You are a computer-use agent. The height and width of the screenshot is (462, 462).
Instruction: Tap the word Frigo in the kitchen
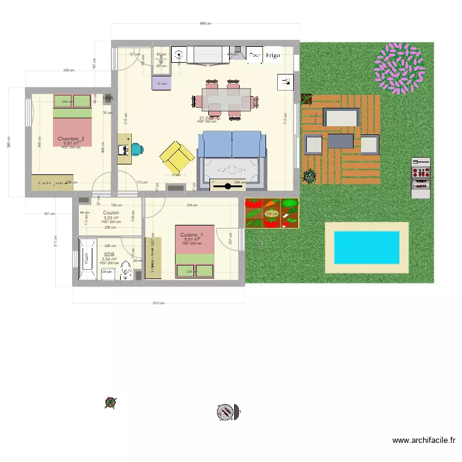tap(273, 55)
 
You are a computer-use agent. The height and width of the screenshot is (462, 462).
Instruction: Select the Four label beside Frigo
tap(255, 55)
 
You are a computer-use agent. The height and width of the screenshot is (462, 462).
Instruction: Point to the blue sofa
tap(232, 145)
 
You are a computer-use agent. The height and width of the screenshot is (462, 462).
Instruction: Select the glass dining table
tap(226, 99)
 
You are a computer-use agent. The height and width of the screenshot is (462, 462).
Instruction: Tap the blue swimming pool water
tap(366, 247)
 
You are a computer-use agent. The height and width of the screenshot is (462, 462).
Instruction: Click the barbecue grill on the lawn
tap(421, 177)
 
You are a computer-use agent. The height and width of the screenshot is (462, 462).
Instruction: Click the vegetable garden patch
tap(272, 213)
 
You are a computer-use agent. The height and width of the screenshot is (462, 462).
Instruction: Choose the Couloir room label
tap(111, 213)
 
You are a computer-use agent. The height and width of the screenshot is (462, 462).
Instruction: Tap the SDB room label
tap(109, 254)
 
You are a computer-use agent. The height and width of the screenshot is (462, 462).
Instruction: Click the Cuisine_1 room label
tap(192, 235)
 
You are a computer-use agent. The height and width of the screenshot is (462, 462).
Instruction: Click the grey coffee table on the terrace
tap(340, 141)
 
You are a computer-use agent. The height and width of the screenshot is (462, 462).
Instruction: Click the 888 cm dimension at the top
tap(205, 24)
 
